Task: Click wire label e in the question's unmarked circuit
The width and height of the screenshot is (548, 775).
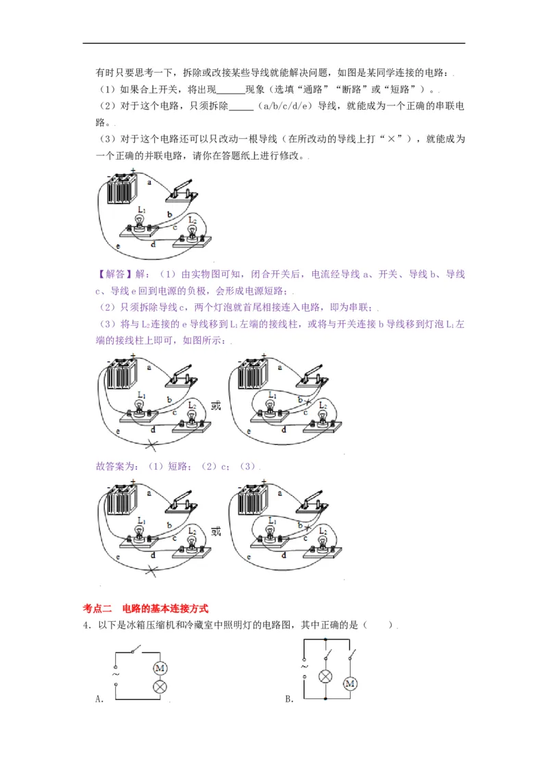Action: tap(119, 245)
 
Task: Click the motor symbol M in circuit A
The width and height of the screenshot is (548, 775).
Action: tap(160, 668)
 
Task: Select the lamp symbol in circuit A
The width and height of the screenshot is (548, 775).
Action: tap(160, 686)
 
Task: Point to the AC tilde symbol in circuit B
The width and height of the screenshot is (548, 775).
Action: tap(303, 665)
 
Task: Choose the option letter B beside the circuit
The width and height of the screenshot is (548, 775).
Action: tap(288, 699)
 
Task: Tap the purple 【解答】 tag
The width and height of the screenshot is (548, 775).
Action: tap(114, 275)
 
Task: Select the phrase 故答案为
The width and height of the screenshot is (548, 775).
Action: tap(118, 466)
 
